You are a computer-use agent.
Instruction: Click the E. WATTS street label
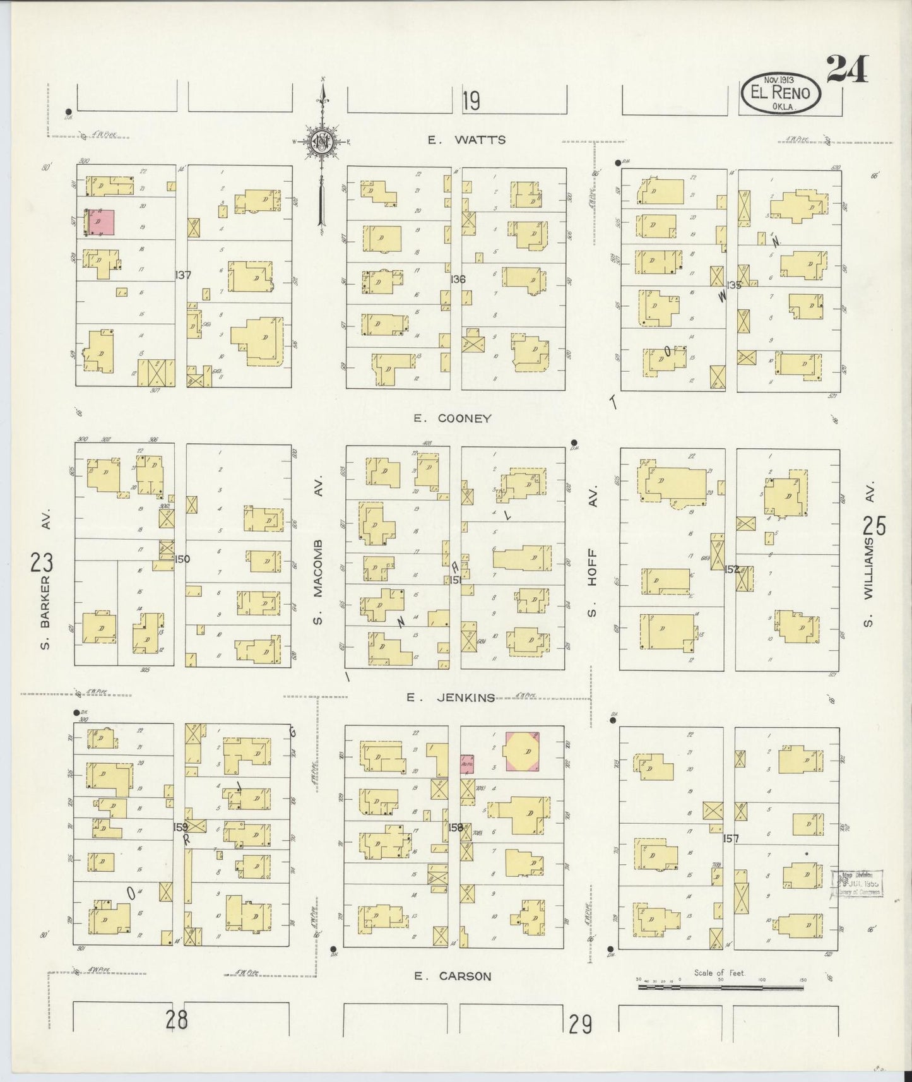(466, 140)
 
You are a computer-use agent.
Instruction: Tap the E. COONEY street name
(452, 418)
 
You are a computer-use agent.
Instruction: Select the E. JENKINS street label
(450, 697)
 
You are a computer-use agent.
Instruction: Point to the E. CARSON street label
(452, 976)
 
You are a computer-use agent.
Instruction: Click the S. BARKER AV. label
(45, 590)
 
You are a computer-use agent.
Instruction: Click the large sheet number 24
(847, 69)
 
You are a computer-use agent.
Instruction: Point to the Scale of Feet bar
(719, 997)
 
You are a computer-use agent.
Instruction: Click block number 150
(182, 558)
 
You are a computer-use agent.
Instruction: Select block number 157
(731, 838)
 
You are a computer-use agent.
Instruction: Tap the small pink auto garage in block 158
(467, 763)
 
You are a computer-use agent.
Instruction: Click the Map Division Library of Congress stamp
(859, 883)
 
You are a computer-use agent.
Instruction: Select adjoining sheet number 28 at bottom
(177, 1018)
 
